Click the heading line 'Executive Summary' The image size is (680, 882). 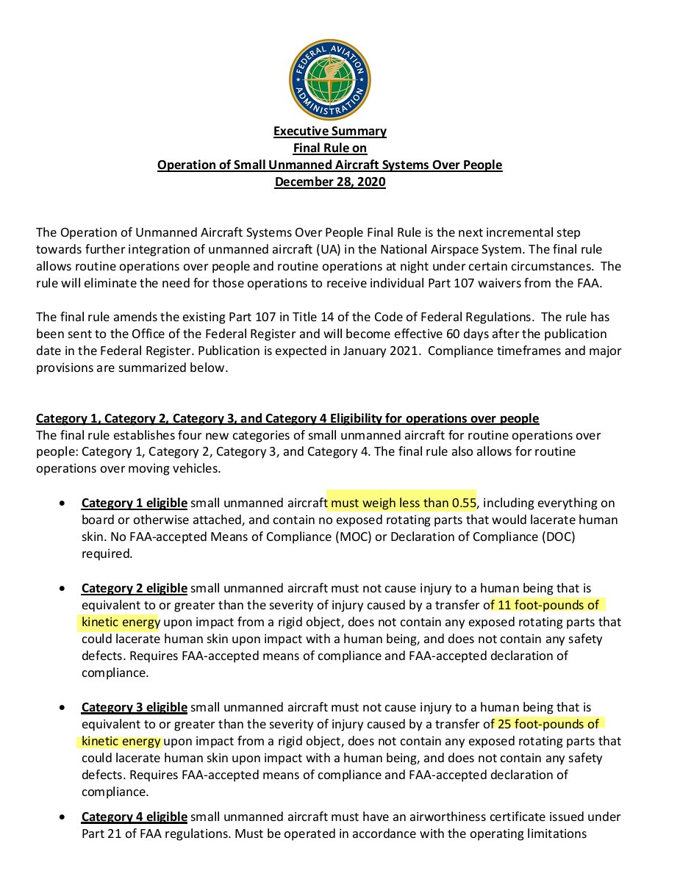click(x=330, y=132)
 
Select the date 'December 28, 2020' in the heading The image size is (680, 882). click(x=330, y=182)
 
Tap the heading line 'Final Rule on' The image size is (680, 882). click(x=330, y=148)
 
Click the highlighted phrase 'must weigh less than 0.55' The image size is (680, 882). click(x=403, y=503)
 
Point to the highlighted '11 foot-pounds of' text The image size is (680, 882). click(x=548, y=605)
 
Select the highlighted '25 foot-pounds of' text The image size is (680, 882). click(x=548, y=723)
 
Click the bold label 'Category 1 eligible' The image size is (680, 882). click(x=135, y=503)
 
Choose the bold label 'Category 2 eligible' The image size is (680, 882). click(x=135, y=589)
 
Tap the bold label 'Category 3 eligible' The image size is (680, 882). click(x=135, y=707)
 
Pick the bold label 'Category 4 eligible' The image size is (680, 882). click(x=135, y=817)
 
